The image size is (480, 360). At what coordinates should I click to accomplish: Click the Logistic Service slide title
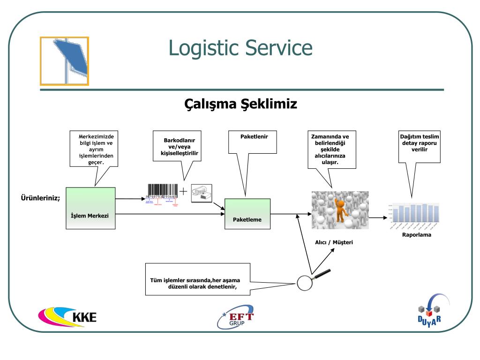tap(240, 48)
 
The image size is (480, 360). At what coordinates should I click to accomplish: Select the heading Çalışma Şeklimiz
tap(240, 103)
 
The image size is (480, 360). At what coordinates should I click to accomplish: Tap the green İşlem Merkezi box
tap(90, 208)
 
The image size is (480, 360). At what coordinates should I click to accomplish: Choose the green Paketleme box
tap(247, 214)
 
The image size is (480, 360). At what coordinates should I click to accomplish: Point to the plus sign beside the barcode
tap(183, 191)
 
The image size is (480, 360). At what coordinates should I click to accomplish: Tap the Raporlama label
tap(416, 235)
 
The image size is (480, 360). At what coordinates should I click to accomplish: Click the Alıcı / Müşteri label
tap(334, 242)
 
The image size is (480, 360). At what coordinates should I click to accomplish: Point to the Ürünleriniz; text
tap(40, 197)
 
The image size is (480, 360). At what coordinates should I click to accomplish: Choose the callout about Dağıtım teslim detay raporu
tap(420, 147)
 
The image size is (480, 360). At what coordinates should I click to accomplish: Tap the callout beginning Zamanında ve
tap(330, 149)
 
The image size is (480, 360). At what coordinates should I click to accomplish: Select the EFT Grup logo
tap(236, 317)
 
